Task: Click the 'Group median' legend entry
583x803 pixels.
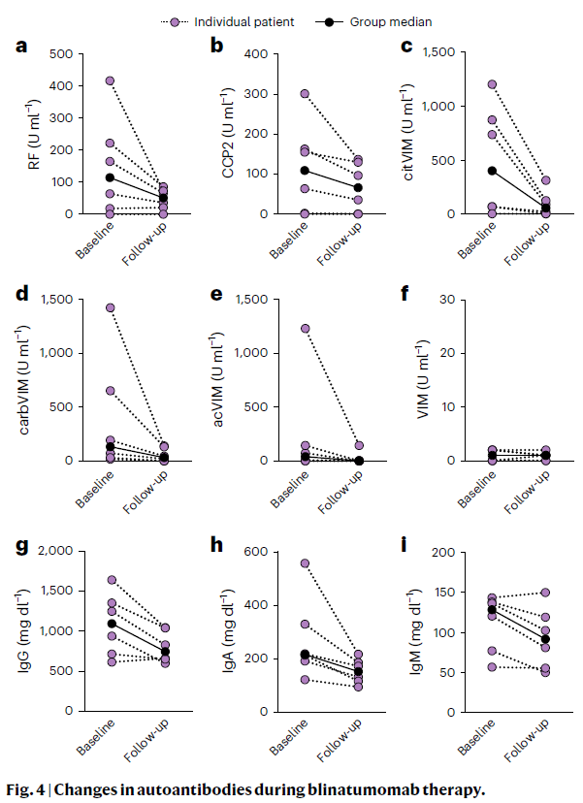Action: point(394,21)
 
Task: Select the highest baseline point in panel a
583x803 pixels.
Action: point(111,81)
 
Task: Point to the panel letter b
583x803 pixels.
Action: point(216,46)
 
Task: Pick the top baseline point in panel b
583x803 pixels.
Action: point(305,94)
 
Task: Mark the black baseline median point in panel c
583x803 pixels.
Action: point(493,171)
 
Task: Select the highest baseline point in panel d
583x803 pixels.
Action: point(111,308)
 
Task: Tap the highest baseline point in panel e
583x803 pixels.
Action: point(305,329)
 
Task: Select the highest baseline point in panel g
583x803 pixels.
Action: point(111,580)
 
